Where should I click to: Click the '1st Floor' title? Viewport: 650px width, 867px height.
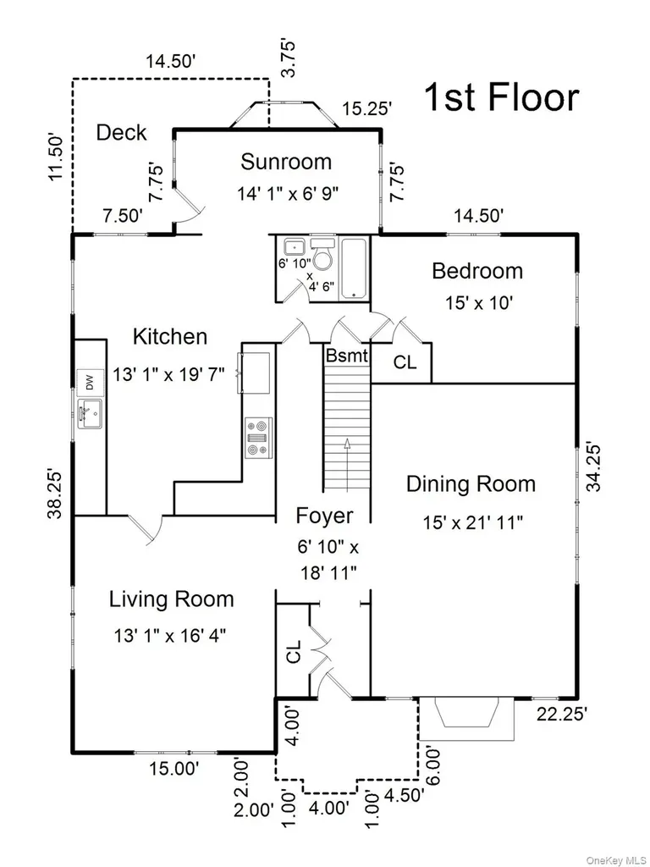pyautogui.click(x=501, y=97)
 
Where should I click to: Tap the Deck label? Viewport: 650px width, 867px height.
pyautogui.click(x=122, y=133)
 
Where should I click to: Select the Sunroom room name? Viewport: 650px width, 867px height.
pyautogui.click(x=286, y=162)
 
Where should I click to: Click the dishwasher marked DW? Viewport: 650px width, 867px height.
pyautogui.click(x=90, y=382)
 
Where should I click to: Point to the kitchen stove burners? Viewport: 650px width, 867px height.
pyautogui.click(x=259, y=438)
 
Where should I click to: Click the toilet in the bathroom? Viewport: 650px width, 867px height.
pyautogui.click(x=322, y=254)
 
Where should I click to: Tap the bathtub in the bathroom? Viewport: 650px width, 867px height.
pyautogui.click(x=354, y=268)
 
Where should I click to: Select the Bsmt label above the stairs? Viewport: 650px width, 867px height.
pyautogui.click(x=346, y=356)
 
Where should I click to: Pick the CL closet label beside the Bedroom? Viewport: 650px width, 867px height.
pyautogui.click(x=405, y=362)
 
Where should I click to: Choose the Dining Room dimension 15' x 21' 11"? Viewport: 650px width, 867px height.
pyautogui.click(x=472, y=522)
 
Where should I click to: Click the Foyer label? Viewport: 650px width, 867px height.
pyautogui.click(x=324, y=516)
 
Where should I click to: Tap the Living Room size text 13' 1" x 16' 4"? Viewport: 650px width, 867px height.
pyautogui.click(x=170, y=636)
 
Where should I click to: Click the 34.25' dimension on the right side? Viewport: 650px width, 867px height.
pyautogui.click(x=595, y=466)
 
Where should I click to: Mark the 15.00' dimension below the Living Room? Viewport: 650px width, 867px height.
pyautogui.click(x=174, y=769)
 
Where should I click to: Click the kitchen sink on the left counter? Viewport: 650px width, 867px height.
pyautogui.click(x=90, y=413)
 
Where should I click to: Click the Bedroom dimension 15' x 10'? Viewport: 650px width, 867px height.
pyautogui.click(x=479, y=303)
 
